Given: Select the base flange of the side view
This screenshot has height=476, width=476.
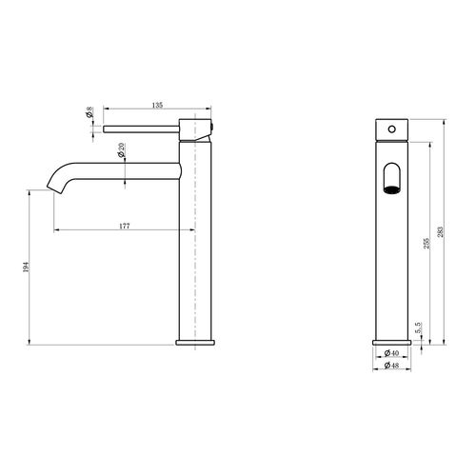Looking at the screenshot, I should tap(197, 339).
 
